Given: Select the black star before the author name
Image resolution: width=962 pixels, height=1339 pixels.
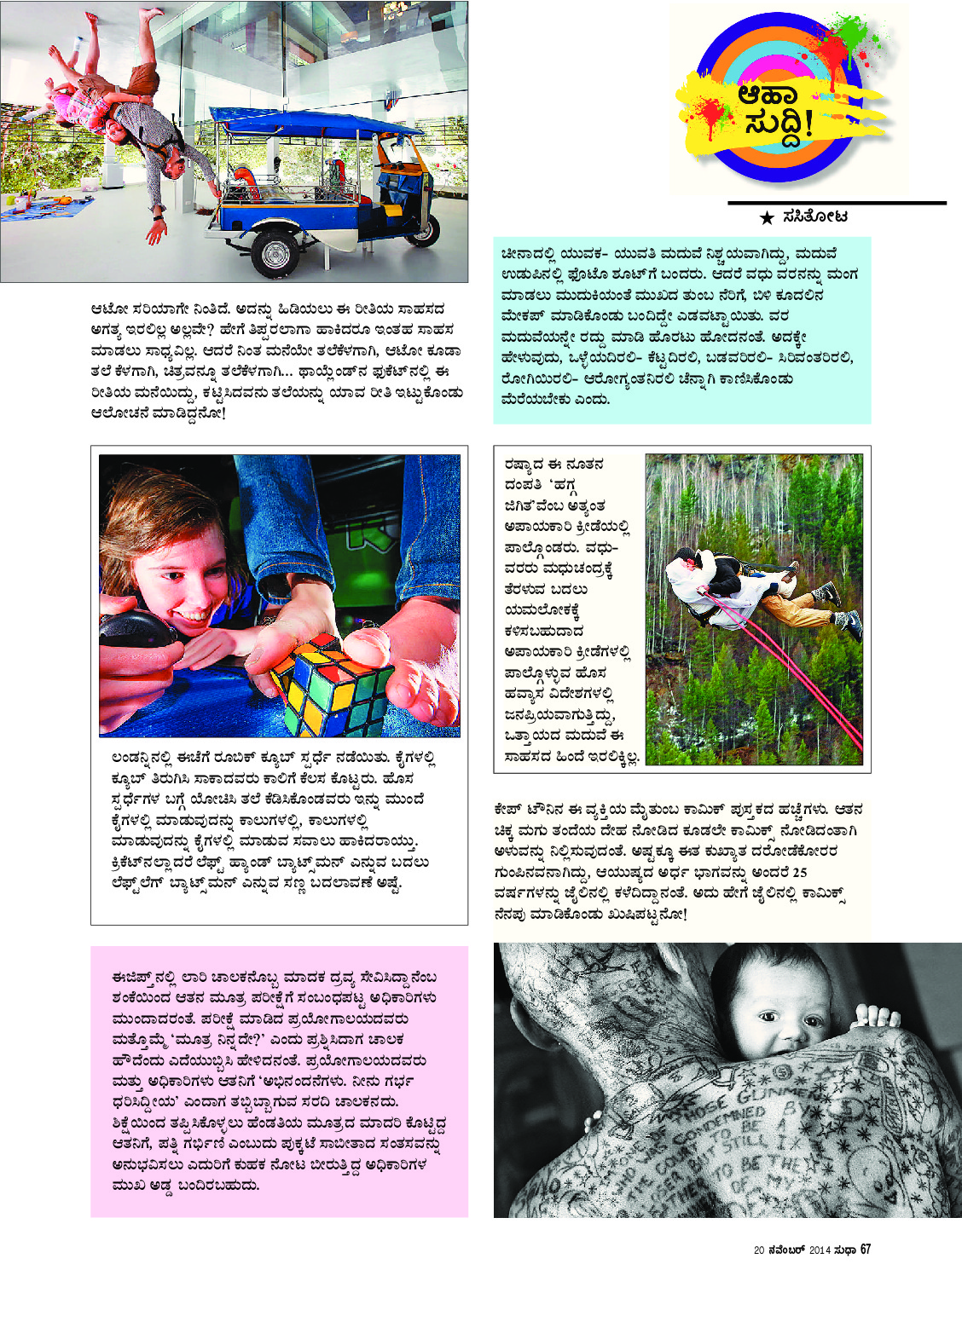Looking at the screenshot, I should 767,218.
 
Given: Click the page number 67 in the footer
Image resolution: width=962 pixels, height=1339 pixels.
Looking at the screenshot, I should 865,1250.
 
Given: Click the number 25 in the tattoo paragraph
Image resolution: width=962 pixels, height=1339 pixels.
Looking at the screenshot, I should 799,873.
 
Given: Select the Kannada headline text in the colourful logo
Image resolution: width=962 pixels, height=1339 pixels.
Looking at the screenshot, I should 776,109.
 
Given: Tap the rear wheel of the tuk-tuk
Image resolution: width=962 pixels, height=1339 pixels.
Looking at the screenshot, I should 423,229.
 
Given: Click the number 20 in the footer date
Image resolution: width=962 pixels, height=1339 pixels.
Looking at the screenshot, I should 759,1250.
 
